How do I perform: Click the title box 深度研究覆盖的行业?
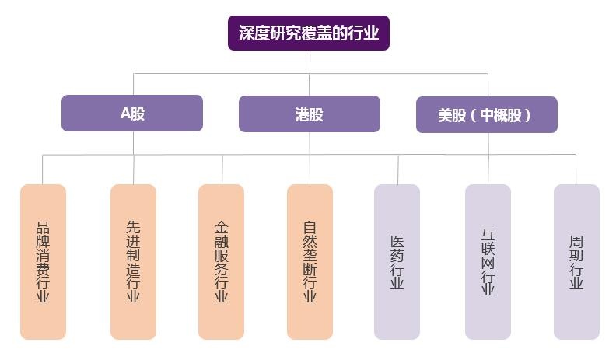point(308,33)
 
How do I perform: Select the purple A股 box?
point(132,113)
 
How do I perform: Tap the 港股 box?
point(309,114)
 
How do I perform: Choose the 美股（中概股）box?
point(486,114)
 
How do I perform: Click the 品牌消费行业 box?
point(43,261)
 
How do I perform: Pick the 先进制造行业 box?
point(133,261)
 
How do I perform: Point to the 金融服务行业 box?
point(222,261)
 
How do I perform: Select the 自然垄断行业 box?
point(310,261)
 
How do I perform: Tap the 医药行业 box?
point(397,261)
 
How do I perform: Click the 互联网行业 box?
point(488,261)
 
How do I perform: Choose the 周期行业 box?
point(576,261)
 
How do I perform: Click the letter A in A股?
point(124,114)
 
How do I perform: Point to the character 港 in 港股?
point(302,114)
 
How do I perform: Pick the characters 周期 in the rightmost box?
point(576,248)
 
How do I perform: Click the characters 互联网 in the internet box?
point(488,244)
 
